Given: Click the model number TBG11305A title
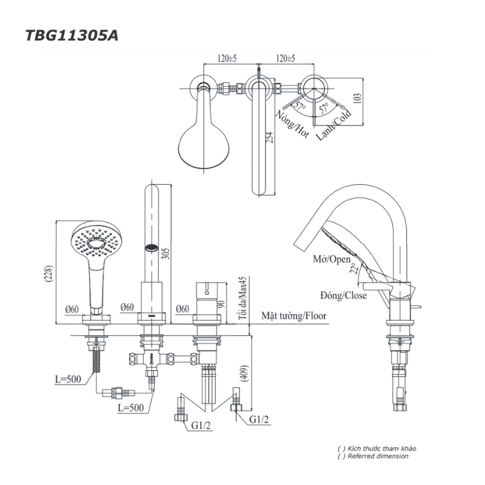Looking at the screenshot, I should coord(72,35).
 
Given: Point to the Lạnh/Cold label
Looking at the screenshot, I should coord(333,124).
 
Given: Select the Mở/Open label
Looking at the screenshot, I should coord(332,259).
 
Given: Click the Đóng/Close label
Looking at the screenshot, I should coord(343,295).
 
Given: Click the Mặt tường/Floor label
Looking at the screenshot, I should coord(293,316).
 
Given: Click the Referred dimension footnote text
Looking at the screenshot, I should coord(378,456).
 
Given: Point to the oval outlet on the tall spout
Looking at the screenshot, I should coord(152,247).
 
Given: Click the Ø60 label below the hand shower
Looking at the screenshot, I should coord(72,309).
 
